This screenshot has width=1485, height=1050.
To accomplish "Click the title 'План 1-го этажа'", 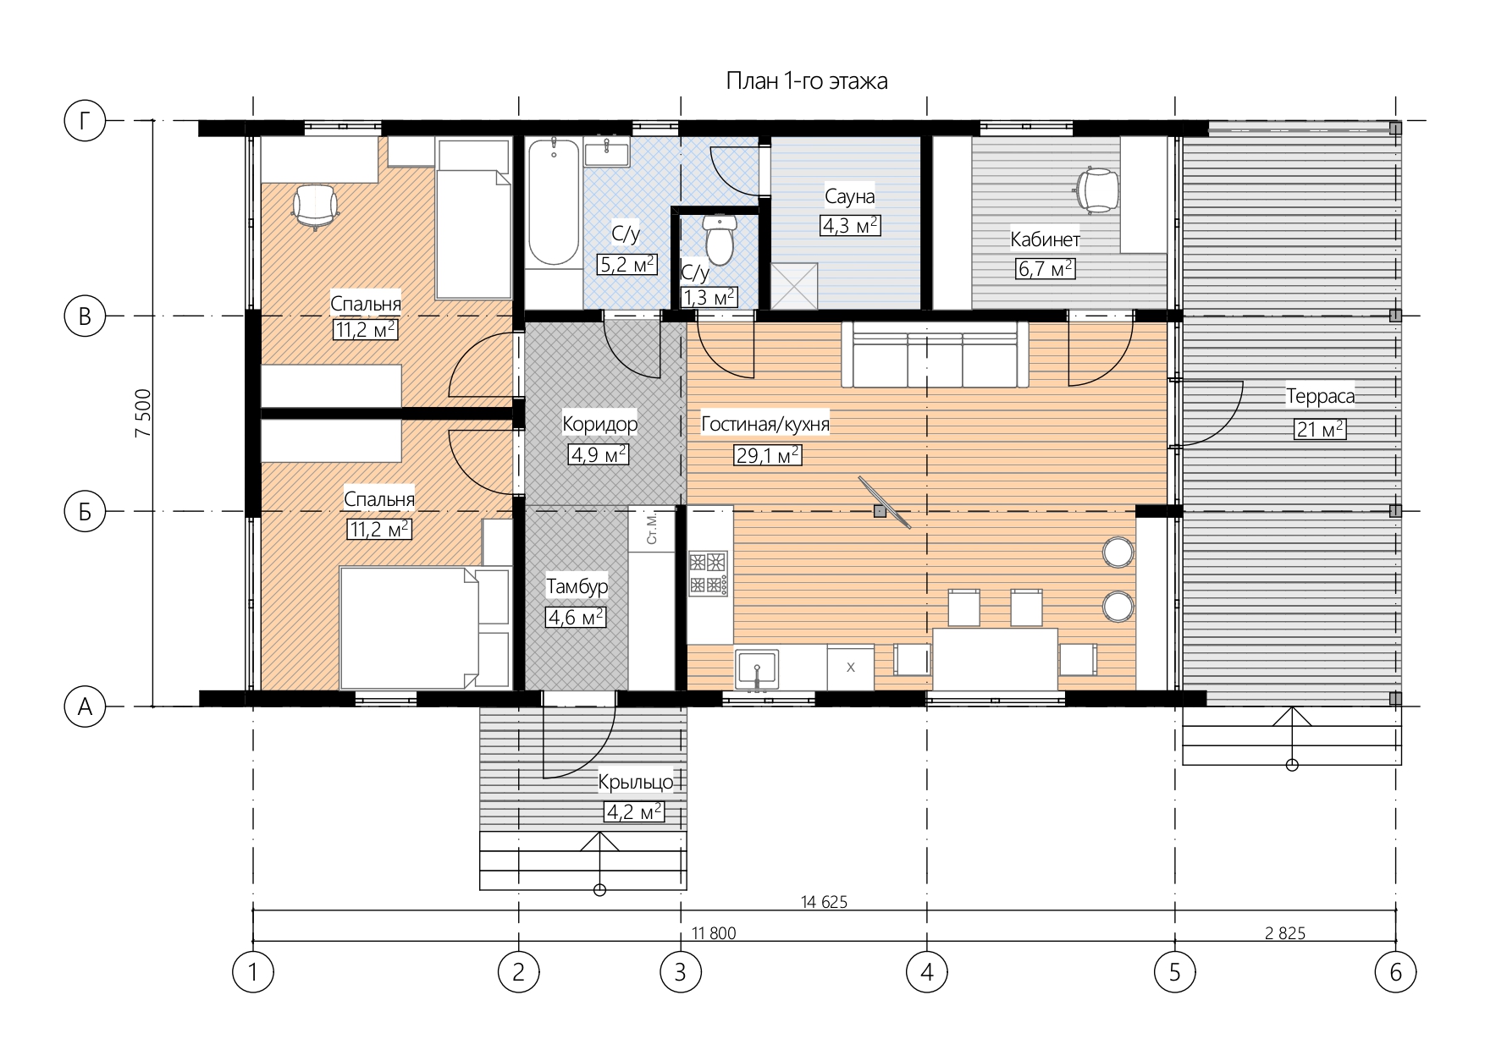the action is coord(807,81).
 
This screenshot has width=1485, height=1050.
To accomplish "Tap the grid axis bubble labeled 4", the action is coord(926,972).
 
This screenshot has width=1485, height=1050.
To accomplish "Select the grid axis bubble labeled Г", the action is coord(85,121).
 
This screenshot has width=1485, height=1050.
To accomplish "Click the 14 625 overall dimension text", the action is coord(824,902).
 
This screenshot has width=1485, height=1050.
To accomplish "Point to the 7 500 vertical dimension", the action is coord(143,413).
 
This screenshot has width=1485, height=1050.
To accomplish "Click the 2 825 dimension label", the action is coord(1285,933).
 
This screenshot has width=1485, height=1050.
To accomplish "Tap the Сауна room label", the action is coord(849,196).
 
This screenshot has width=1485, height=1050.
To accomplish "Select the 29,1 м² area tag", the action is coord(767,455).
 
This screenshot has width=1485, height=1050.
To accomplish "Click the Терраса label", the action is coord(1320,396).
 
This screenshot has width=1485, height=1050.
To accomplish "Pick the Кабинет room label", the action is coord(1045,239).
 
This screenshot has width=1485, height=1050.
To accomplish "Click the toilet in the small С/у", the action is coord(720,239).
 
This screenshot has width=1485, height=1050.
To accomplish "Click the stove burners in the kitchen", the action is coord(708,573).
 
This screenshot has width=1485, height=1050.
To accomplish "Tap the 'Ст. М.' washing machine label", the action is coord(651,526).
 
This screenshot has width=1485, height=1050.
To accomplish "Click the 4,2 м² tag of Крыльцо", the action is coord(634,812).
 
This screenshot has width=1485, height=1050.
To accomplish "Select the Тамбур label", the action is coord(577,585).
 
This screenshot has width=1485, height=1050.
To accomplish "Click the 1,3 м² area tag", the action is coord(709,297).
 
